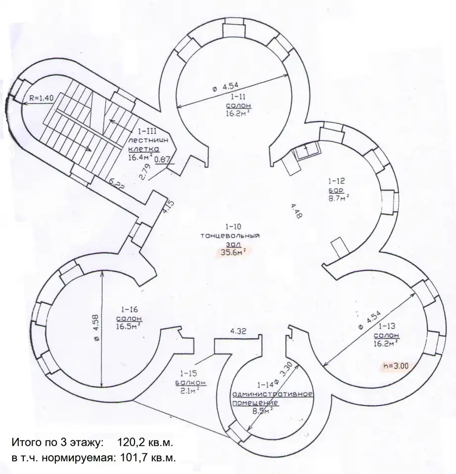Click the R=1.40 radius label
pos(41,98)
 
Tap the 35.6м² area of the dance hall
pos(233,252)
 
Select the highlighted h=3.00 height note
pos(396,366)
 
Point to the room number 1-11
pos(238,97)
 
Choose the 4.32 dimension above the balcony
pos(238,331)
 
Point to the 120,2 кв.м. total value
pos(145,443)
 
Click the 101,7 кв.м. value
pos(148,458)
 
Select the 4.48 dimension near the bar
pos(296,211)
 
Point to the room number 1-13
pos(387,326)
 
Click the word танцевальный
pos(230,236)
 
